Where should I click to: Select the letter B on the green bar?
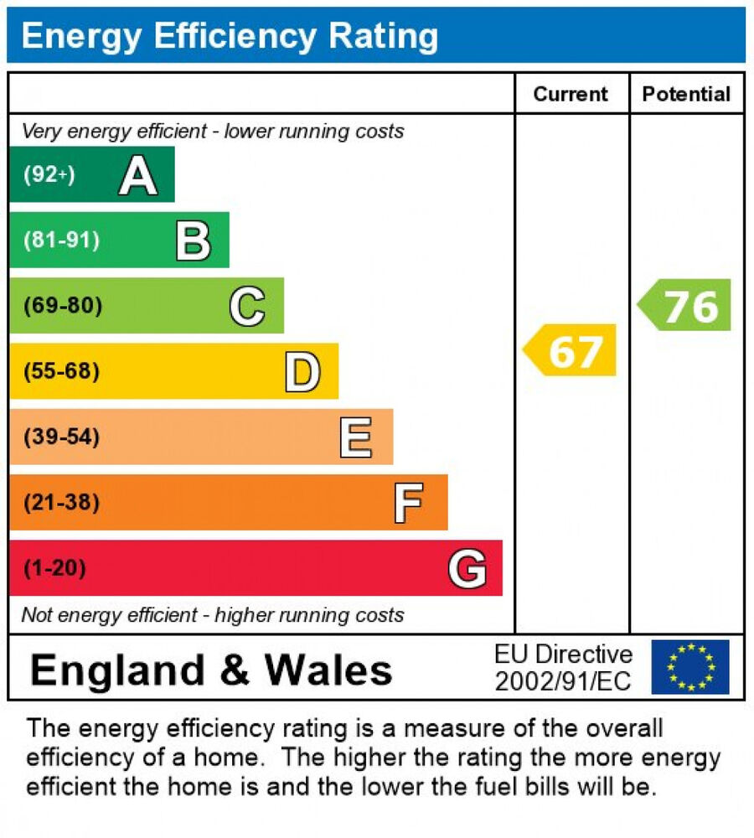(x=193, y=241)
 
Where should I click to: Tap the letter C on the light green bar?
(x=247, y=306)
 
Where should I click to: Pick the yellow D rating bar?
(x=173, y=371)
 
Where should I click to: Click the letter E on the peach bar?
(x=356, y=437)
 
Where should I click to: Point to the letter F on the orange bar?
(x=408, y=503)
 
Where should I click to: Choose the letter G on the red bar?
(x=467, y=569)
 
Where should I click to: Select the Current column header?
(x=571, y=94)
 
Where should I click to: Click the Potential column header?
(x=686, y=94)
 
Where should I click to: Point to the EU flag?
(x=690, y=667)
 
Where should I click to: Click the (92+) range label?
(x=49, y=174)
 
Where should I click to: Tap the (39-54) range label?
(x=61, y=437)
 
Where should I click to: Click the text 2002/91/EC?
(x=562, y=681)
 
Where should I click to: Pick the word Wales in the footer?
(x=329, y=670)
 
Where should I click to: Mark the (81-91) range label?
(x=61, y=241)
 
